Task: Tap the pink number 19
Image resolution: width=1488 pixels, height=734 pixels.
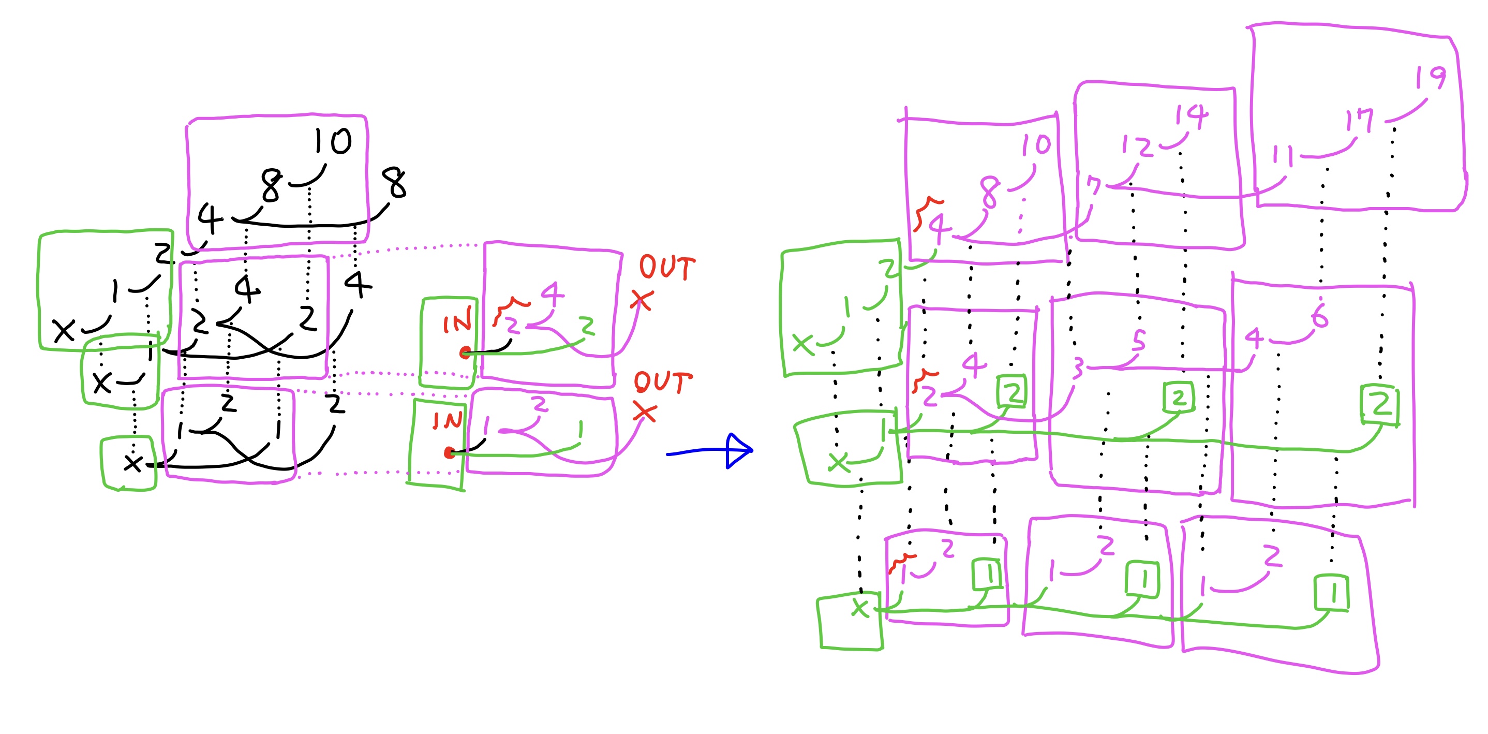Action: (x=1430, y=78)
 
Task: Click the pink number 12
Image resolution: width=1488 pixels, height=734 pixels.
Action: (x=1136, y=145)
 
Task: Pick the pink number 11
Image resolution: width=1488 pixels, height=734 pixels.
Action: (x=1283, y=156)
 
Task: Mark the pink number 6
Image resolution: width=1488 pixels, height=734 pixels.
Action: (x=1319, y=316)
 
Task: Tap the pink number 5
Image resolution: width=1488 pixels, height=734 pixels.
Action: (x=1138, y=341)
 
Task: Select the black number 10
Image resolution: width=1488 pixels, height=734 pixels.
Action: (x=333, y=141)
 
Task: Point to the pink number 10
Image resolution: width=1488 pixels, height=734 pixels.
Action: (x=1036, y=145)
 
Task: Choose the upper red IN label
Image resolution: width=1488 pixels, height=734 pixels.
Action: (x=457, y=322)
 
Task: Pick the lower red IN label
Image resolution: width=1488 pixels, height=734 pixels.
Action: (x=448, y=421)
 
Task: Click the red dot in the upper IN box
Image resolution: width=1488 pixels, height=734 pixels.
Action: (x=465, y=353)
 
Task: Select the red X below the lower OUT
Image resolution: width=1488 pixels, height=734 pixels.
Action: (x=645, y=412)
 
